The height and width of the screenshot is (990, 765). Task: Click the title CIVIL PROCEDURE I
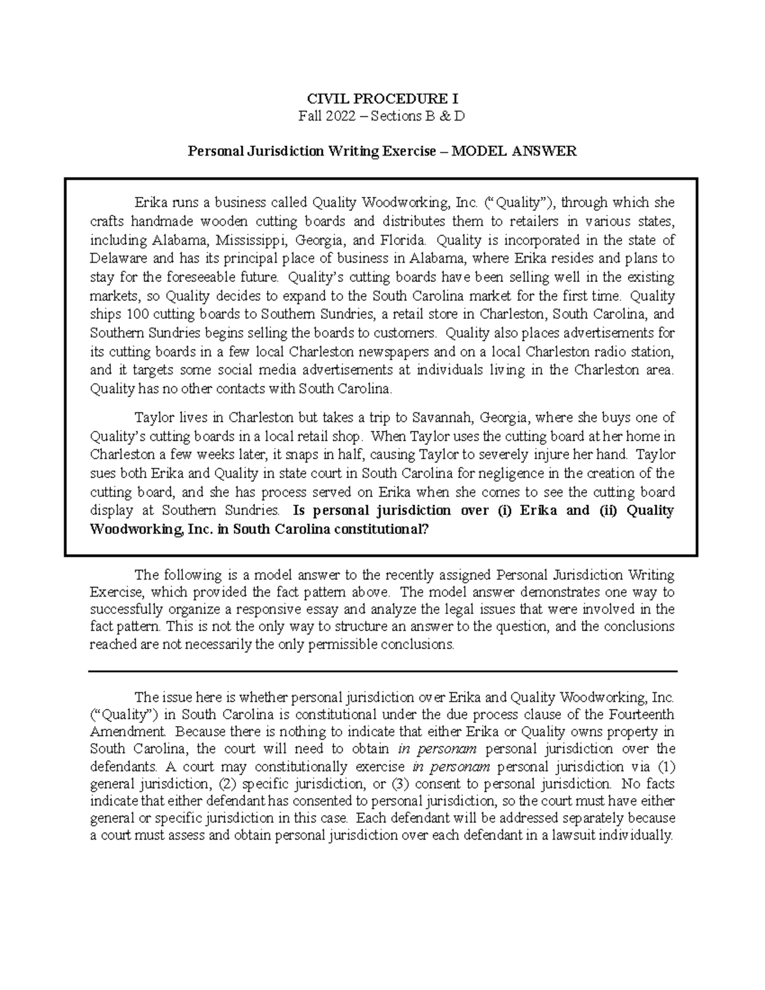382,99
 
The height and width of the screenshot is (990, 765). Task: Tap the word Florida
401,240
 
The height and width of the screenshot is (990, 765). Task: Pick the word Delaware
119,259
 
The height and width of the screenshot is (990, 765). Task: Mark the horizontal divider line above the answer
382,671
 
